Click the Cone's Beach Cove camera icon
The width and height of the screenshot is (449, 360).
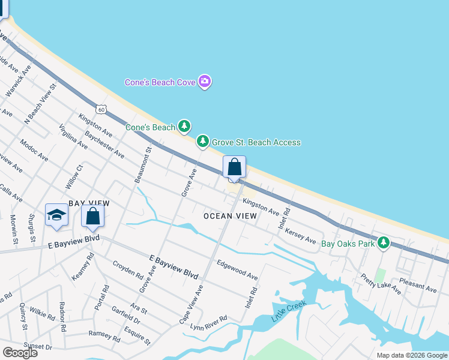[x=205, y=82]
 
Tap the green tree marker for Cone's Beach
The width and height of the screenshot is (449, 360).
[x=185, y=127]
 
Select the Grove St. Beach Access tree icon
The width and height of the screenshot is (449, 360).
[x=203, y=142]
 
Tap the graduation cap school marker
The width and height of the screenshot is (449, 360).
[x=56, y=215]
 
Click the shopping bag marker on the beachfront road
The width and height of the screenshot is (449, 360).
[x=234, y=167]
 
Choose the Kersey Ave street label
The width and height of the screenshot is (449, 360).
[x=300, y=236]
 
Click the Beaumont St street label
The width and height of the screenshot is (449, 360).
[x=146, y=167]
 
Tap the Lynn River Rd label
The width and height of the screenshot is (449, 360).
[x=208, y=322]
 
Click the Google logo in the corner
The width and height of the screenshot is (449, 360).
[x=20, y=353]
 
